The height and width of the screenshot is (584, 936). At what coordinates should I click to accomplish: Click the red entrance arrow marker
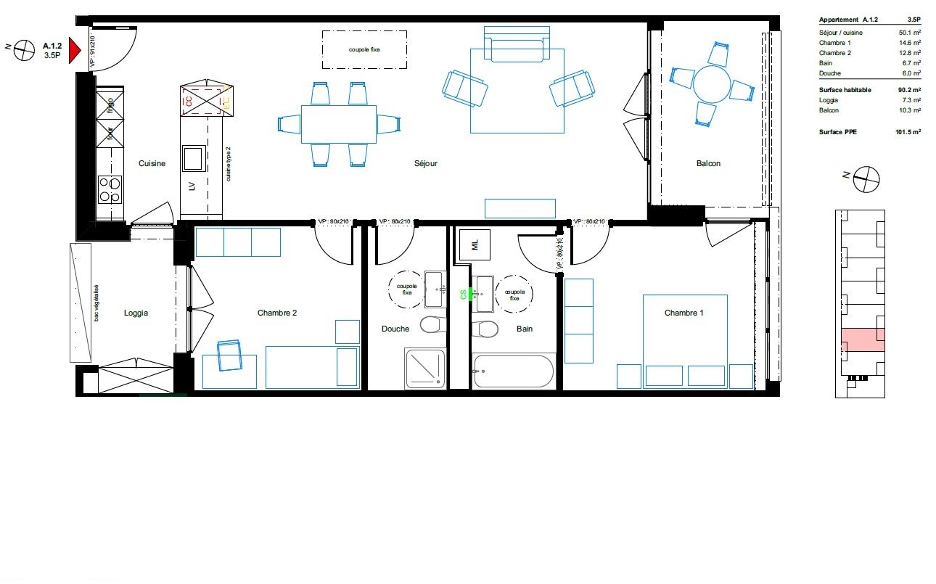tap(74, 50)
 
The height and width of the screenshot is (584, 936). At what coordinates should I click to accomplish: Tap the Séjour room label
tap(426, 164)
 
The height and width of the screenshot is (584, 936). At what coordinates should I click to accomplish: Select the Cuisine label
tap(152, 164)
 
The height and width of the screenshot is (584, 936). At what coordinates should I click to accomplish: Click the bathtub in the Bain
tap(514, 371)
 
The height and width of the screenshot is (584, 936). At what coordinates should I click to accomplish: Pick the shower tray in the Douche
tap(425, 368)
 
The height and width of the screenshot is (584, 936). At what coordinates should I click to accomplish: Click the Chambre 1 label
tap(684, 313)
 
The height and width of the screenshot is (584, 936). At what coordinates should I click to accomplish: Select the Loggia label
tap(136, 313)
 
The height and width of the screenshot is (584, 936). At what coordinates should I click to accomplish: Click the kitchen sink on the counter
tap(194, 157)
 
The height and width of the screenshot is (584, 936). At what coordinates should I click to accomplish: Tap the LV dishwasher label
tap(192, 186)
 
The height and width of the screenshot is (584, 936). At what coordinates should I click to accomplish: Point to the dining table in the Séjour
tap(338, 124)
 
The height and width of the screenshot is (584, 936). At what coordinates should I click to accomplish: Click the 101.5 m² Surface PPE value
tap(908, 132)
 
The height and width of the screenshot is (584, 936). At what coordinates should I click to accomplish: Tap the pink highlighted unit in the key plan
tap(863, 340)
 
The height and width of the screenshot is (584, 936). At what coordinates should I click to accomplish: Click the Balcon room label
tap(708, 164)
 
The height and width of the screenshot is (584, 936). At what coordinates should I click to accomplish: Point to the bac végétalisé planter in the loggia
tap(81, 303)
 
